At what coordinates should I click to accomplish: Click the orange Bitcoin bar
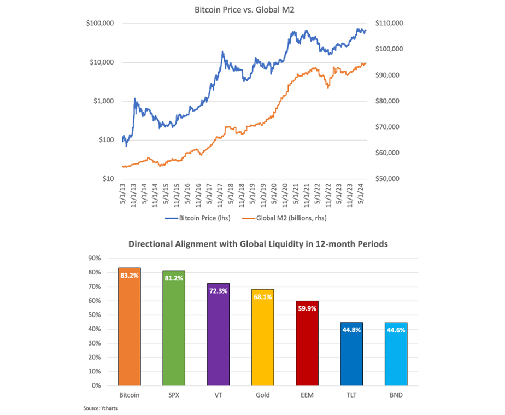pos(130,328)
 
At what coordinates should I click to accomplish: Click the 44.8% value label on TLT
pos(351,329)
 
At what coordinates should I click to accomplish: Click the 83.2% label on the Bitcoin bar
pos(130,276)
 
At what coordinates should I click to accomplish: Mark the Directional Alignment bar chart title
pos(258,244)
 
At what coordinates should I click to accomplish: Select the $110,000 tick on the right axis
pos(389,24)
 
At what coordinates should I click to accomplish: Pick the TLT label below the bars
pos(351,395)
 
